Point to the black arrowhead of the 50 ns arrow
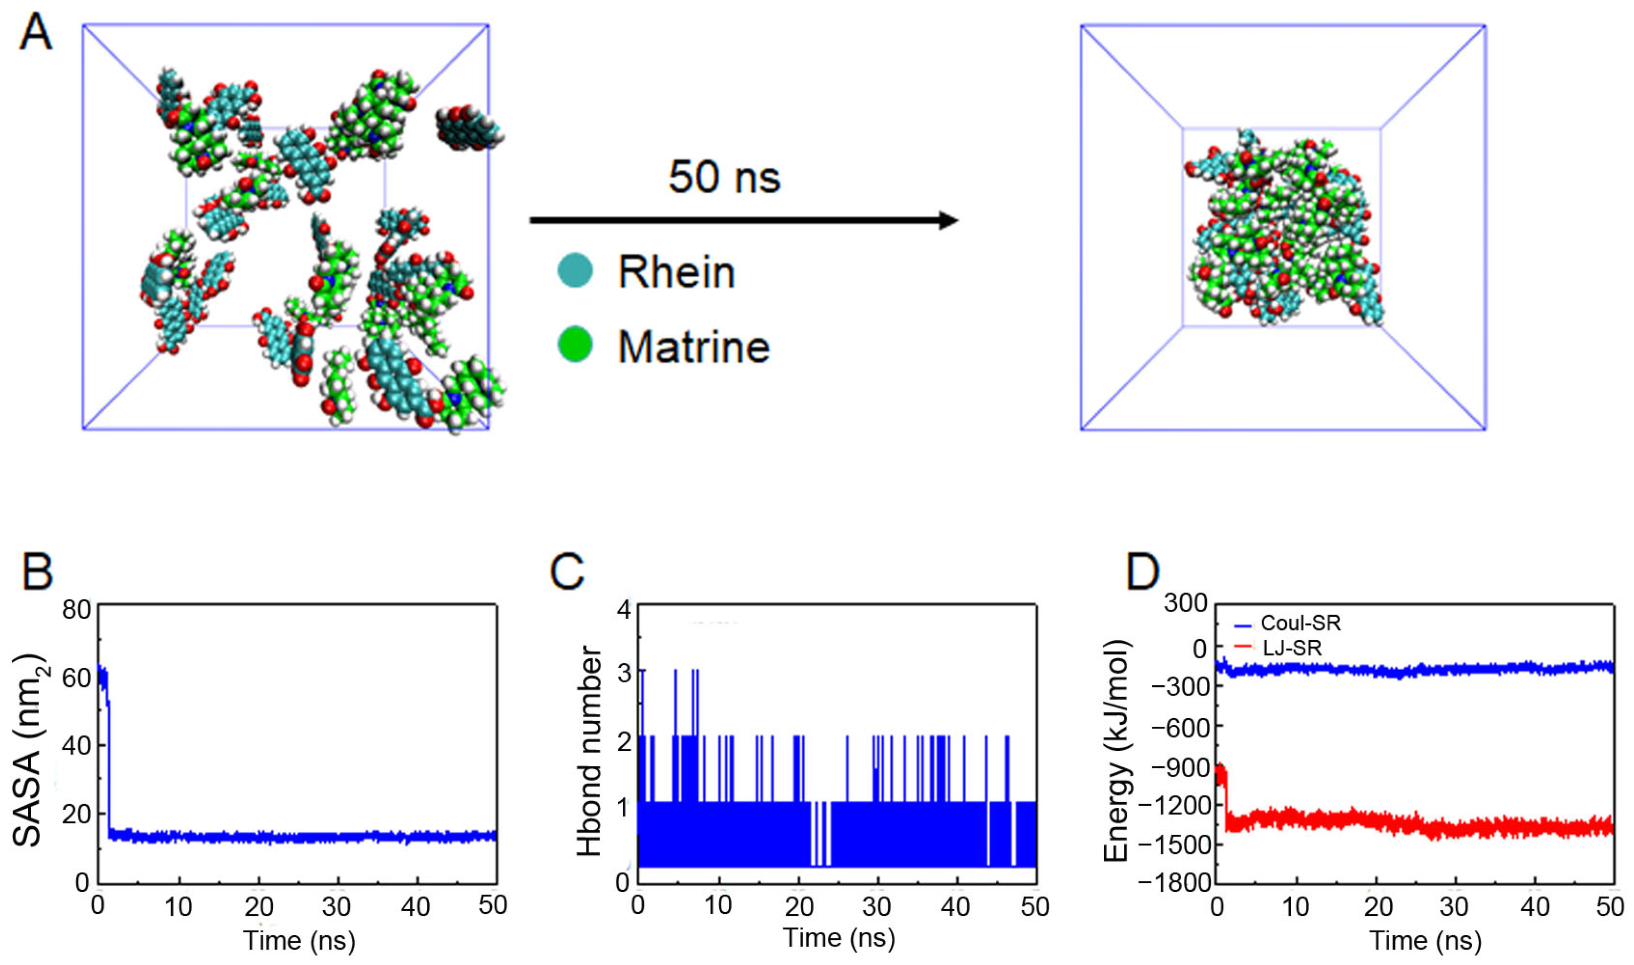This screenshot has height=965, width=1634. (948, 220)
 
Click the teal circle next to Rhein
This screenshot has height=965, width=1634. (575, 270)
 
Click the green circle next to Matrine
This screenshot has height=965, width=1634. (575, 345)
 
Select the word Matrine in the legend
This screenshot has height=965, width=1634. (694, 347)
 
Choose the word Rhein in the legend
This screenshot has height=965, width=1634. (676, 272)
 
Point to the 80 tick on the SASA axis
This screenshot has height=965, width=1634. (77, 610)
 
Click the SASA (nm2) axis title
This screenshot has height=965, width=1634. (27, 749)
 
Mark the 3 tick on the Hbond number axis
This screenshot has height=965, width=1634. (624, 673)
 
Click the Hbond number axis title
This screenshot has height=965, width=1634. (589, 750)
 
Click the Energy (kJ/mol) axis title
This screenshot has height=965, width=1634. (1118, 750)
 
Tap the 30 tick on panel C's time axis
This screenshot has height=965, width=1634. (876, 906)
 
